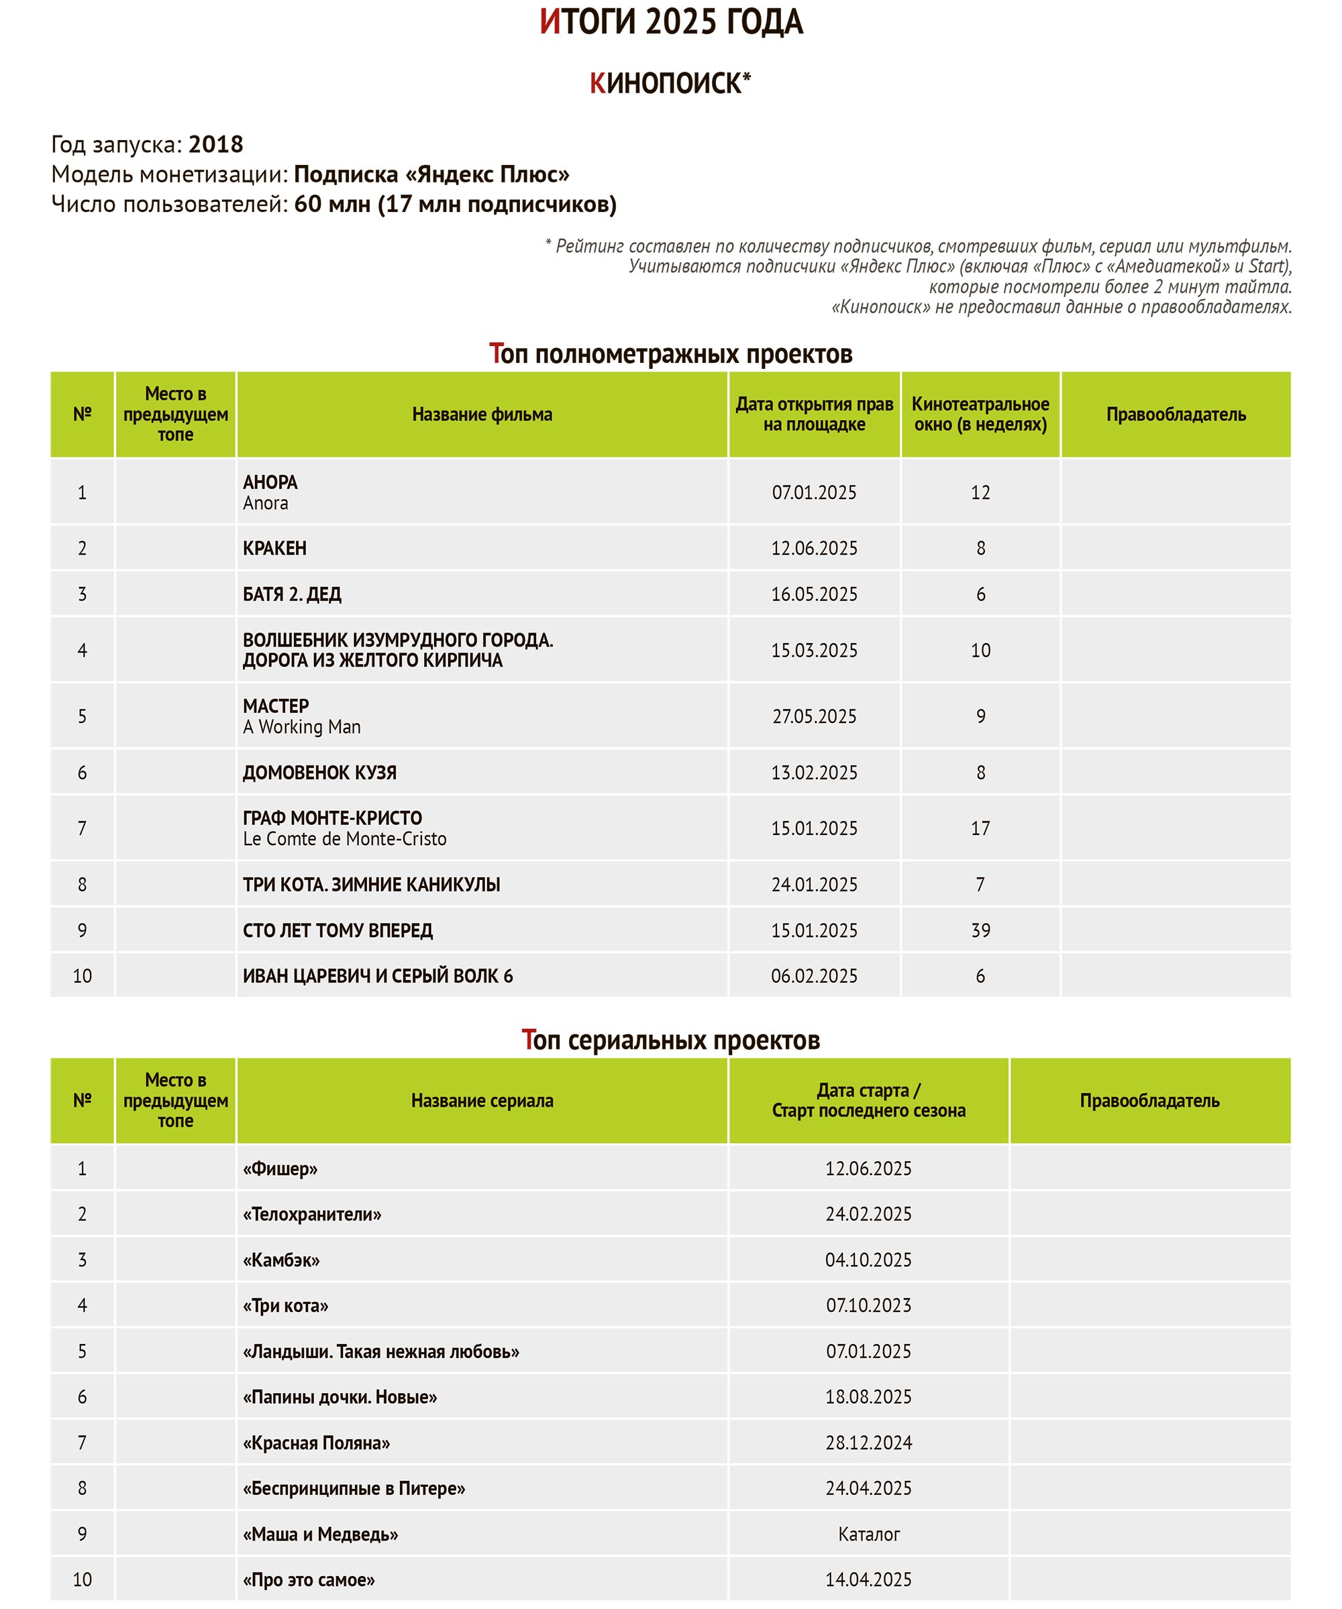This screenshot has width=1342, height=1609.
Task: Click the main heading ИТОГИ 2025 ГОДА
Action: (670, 22)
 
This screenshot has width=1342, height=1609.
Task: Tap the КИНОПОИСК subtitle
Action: (670, 82)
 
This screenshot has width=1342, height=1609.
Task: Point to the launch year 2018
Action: (215, 144)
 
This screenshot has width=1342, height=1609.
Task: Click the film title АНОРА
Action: (270, 482)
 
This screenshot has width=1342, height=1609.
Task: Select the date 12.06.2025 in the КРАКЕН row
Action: (814, 548)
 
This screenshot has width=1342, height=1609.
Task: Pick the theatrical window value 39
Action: (980, 930)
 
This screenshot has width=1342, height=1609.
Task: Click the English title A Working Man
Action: (301, 726)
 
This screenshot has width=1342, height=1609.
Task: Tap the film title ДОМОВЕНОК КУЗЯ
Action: (319, 773)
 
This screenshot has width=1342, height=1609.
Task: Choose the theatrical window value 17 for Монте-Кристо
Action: (980, 828)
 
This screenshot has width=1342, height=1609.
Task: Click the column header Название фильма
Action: (482, 414)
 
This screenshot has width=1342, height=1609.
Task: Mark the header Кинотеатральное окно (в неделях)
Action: (980, 414)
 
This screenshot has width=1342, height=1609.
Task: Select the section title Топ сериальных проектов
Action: (670, 1040)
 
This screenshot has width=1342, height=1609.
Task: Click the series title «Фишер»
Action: (280, 1168)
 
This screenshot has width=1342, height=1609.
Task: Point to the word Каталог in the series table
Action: (868, 1534)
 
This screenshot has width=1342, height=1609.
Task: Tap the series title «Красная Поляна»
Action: (316, 1443)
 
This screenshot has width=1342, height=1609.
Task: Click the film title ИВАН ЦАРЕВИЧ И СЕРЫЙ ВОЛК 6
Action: (378, 975)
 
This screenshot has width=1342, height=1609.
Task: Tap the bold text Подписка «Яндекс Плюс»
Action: (431, 174)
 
